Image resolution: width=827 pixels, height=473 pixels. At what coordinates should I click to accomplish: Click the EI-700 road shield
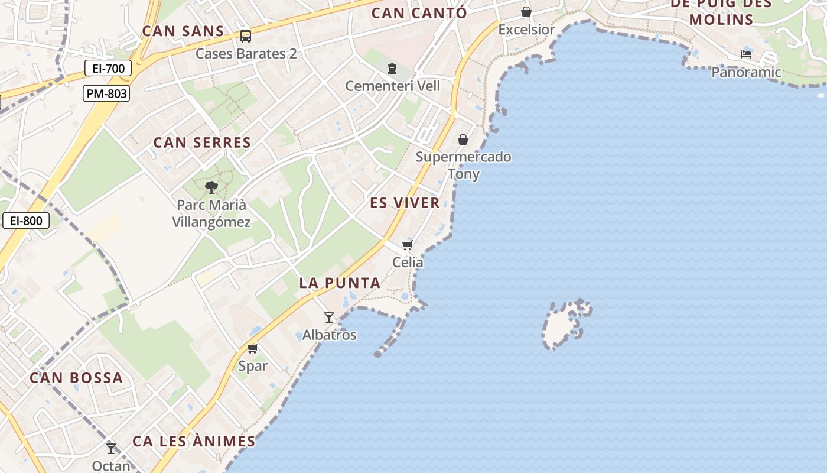coord(108,69)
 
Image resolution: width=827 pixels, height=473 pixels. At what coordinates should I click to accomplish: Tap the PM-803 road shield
coord(106,93)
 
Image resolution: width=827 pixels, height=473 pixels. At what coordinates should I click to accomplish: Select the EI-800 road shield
coord(26,221)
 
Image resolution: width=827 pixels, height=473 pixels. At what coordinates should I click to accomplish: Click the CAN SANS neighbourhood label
coord(183,31)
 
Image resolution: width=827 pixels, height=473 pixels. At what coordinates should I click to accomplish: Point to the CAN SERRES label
coord(202,142)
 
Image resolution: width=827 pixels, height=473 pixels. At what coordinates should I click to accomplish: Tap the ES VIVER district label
coord(405,203)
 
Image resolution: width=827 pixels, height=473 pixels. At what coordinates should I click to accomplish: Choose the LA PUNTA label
coord(340,283)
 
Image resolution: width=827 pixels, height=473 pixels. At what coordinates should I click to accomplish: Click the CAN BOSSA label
coord(76,378)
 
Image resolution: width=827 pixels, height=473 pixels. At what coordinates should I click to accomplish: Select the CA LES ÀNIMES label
coord(194,442)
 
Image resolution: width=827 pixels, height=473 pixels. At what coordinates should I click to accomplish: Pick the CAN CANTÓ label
coord(419,13)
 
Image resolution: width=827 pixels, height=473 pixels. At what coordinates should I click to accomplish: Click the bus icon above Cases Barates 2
coord(246,36)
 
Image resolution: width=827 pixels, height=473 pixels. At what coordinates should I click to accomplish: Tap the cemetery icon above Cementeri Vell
coord(392,69)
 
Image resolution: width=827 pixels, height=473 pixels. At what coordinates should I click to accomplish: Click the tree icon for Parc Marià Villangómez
coord(211,188)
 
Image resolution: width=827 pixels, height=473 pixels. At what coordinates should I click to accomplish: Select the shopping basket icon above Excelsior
coord(526,12)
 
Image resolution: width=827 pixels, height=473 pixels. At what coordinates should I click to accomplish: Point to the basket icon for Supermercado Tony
coord(463,140)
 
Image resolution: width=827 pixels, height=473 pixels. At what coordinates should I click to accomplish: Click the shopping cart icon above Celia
coord(407,245)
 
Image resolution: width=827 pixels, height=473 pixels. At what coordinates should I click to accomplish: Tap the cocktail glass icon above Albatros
coord(329,318)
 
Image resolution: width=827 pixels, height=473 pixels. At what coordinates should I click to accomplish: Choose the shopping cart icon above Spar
coord(253,348)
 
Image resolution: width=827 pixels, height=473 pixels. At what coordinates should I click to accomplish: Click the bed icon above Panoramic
coord(746,54)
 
